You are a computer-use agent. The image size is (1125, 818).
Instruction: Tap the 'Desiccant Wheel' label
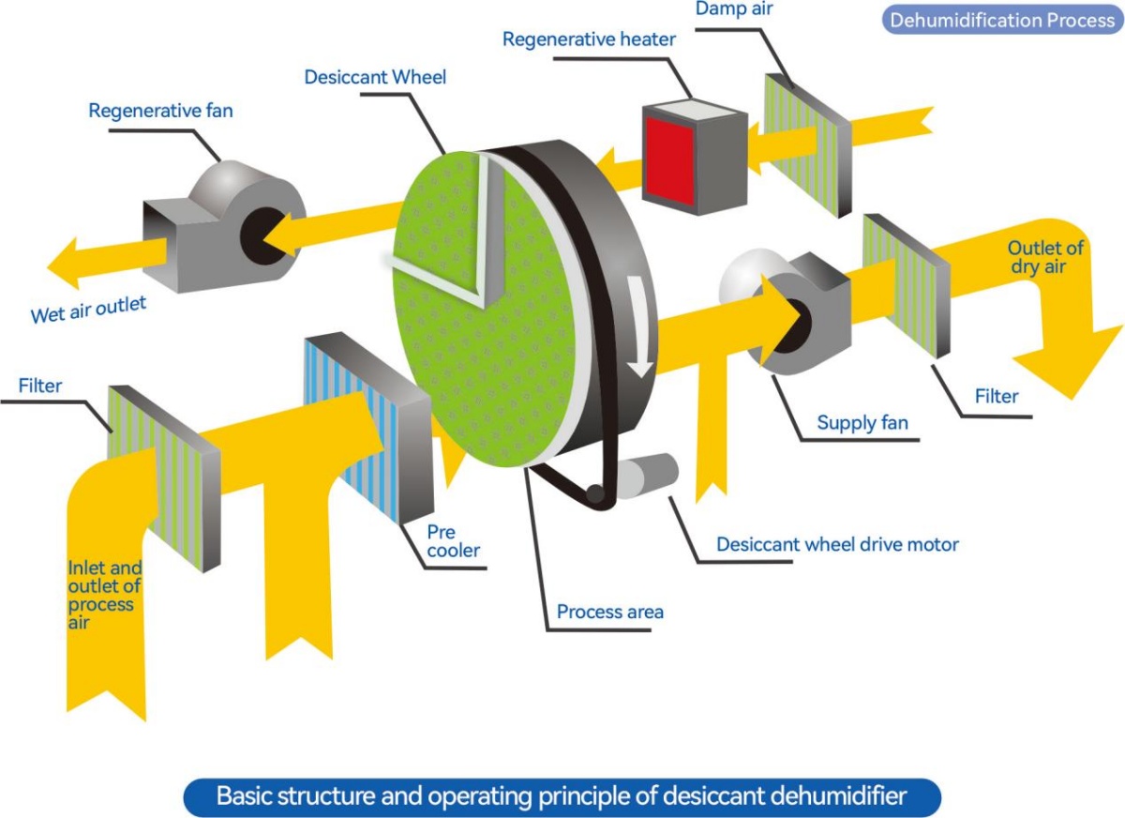point(375,77)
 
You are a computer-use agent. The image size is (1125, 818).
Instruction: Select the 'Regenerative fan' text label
point(160,111)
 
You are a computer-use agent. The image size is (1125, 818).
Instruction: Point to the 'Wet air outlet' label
point(89,309)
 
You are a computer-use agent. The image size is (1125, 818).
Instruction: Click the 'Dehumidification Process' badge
point(1002,20)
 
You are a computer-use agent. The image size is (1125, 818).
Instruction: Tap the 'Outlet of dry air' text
point(1045,256)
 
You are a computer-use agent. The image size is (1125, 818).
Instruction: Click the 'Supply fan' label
point(862,422)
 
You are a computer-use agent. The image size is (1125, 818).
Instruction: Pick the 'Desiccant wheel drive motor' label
point(837,544)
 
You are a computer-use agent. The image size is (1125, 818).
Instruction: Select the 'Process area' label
point(609,612)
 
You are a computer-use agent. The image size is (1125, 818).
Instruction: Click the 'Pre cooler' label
point(454,540)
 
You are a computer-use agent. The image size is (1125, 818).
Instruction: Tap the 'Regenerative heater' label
point(589,39)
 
